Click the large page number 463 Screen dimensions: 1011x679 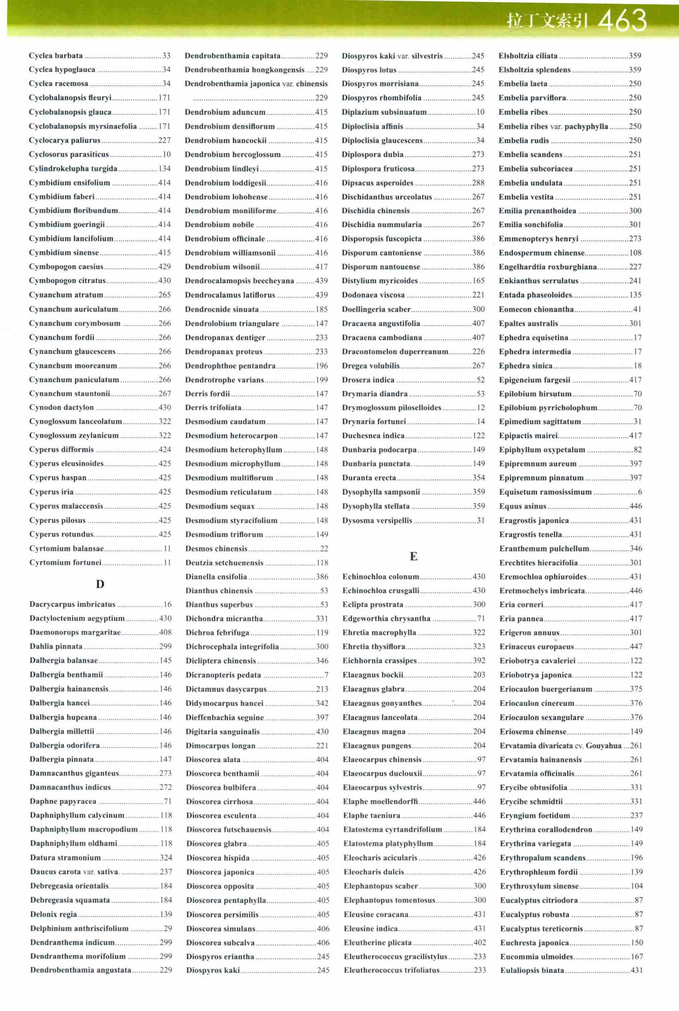click(x=622, y=20)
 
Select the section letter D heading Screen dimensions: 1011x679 click(x=100, y=584)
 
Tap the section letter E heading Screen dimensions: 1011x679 click(x=414, y=556)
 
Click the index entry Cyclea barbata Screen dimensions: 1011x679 click(x=56, y=56)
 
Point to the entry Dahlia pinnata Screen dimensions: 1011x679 click(x=56, y=646)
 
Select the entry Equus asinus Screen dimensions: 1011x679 click(x=523, y=506)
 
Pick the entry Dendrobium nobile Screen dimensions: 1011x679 click(x=220, y=224)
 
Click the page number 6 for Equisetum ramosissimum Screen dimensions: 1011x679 click(x=640, y=492)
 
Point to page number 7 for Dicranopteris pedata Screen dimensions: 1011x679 click(x=326, y=675)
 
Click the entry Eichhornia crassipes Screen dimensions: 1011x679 click(x=379, y=661)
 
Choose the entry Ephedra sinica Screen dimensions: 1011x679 click(x=526, y=366)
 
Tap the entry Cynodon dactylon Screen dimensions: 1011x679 click(x=61, y=407)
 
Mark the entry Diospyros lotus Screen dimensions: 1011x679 click(x=369, y=70)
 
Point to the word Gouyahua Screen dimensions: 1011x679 click(x=604, y=746)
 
